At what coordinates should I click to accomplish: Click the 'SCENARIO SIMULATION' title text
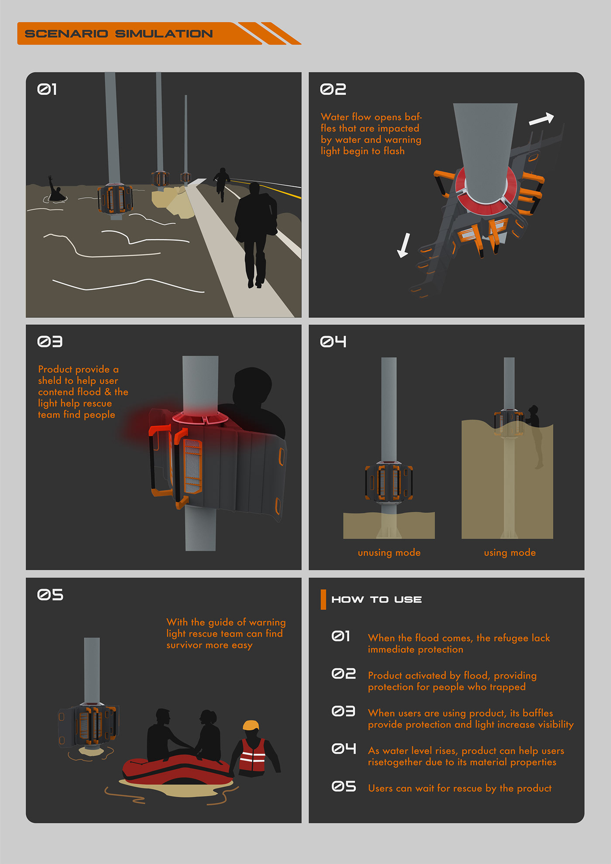(x=119, y=34)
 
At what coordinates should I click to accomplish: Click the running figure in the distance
(x=222, y=184)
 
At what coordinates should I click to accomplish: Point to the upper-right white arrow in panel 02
(x=542, y=119)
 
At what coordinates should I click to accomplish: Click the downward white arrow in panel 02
(x=404, y=245)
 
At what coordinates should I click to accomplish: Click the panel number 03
(x=50, y=341)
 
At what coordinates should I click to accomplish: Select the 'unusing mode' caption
(x=389, y=553)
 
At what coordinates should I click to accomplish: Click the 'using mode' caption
(x=510, y=553)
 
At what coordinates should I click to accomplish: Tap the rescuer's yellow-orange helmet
(x=251, y=726)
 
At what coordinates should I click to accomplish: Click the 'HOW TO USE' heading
(x=377, y=599)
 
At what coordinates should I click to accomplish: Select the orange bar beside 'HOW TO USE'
(x=323, y=599)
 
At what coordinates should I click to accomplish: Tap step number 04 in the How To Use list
(x=343, y=749)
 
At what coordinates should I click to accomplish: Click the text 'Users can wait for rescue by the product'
(x=460, y=788)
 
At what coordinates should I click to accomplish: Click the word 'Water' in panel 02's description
(x=335, y=117)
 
